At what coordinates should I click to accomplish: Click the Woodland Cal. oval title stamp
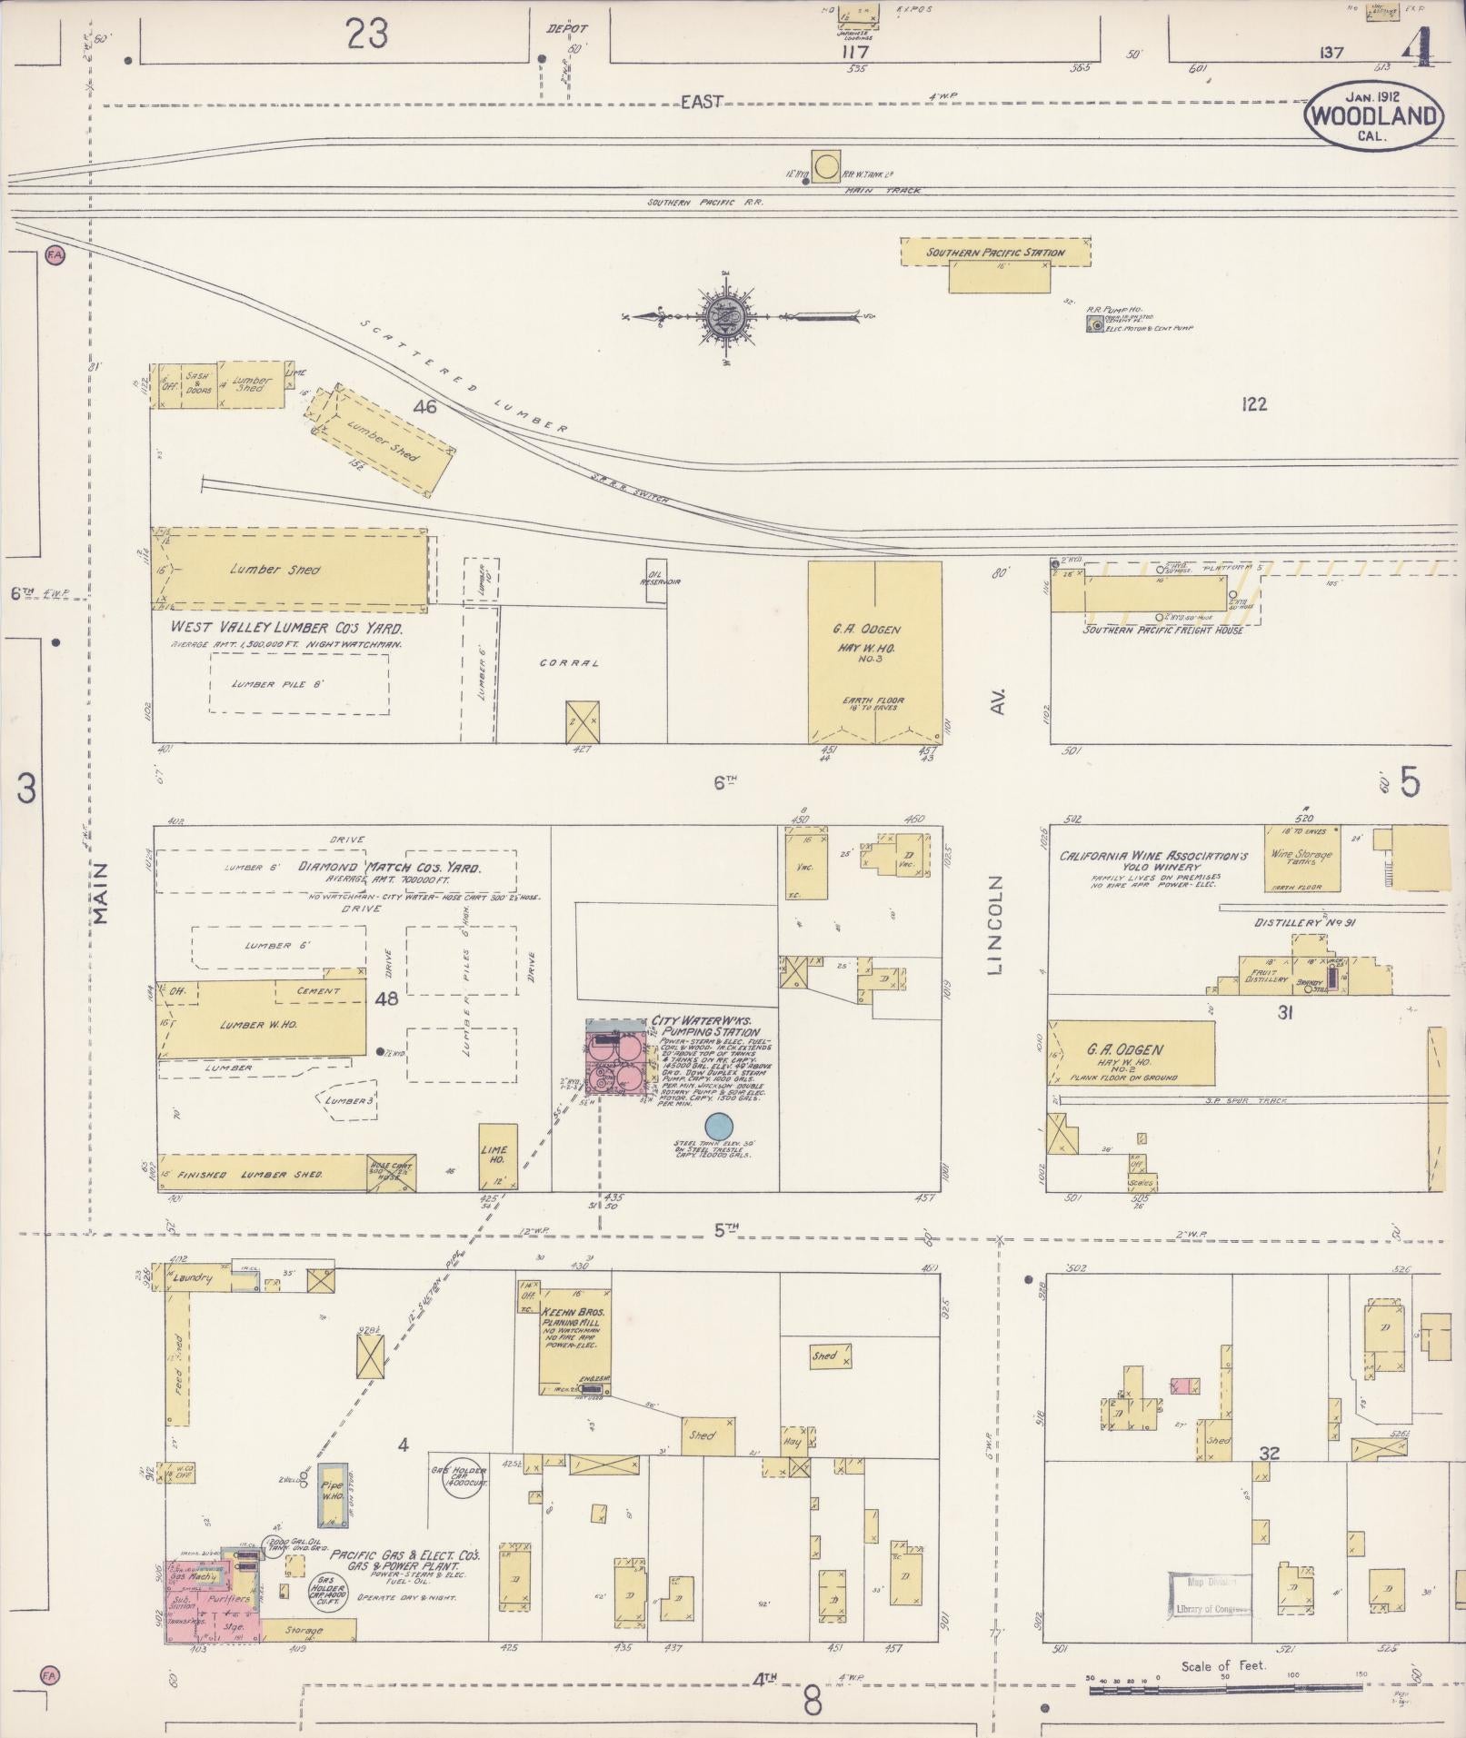[1373, 115]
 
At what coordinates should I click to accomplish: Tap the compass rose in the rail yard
[725, 317]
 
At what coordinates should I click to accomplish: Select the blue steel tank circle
[718, 1124]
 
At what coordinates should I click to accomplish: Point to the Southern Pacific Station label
[995, 253]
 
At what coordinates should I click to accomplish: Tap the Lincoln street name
[997, 926]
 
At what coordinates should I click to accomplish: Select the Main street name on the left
[101, 893]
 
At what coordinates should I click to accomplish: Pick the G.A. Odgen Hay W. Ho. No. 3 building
[874, 652]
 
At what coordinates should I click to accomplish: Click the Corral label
[569, 663]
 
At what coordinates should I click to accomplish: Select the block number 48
[386, 999]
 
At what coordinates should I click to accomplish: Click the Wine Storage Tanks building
[1301, 859]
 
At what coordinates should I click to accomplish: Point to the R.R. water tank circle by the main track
[826, 167]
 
